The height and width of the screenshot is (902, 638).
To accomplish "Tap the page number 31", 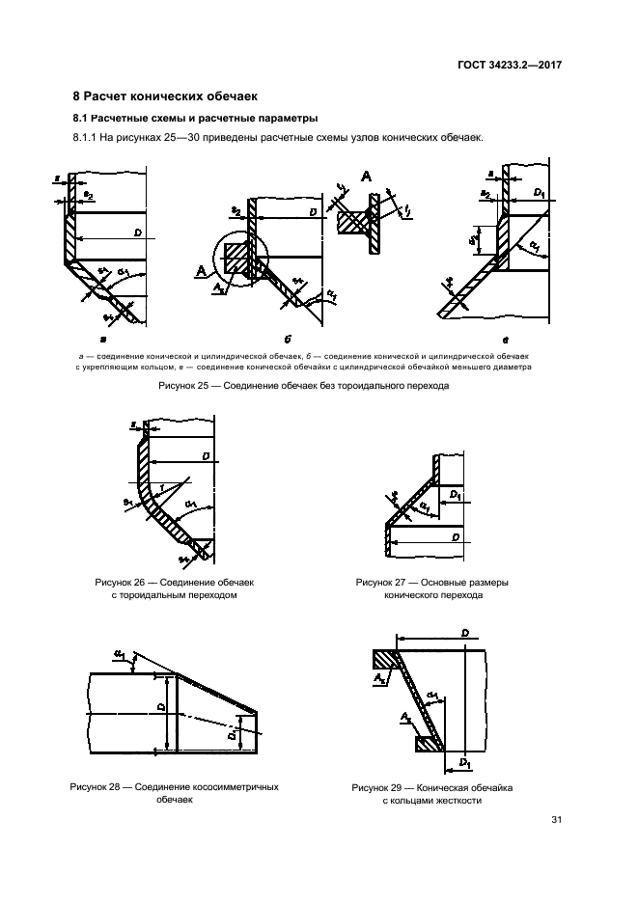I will pyautogui.click(x=556, y=821).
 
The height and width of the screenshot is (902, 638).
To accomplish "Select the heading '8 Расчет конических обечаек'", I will pyautogui.click(x=165, y=96).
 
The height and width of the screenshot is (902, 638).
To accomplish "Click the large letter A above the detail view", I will pyautogui.click(x=365, y=176).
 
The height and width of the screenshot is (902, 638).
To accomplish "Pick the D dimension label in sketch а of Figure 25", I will pyautogui.click(x=139, y=232).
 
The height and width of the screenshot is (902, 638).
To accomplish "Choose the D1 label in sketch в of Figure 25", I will pyautogui.click(x=539, y=195).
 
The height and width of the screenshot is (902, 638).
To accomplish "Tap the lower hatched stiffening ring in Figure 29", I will pyautogui.click(x=427, y=744).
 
